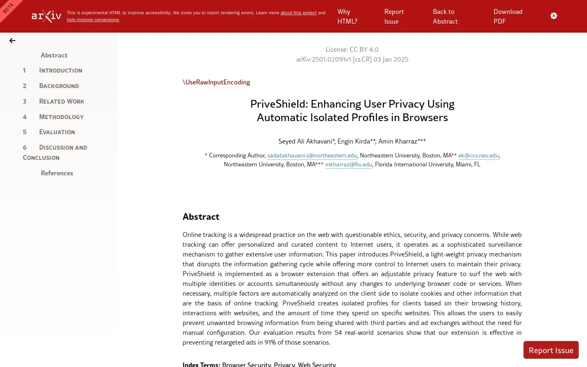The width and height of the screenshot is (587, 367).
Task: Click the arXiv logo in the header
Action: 46,16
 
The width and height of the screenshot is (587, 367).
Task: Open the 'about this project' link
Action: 298,13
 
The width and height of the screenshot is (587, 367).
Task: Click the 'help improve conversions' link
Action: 93,20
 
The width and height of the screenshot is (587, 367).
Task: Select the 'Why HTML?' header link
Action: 347,16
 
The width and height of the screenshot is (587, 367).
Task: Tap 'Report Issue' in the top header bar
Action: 394,16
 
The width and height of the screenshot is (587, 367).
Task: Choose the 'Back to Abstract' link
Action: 445,16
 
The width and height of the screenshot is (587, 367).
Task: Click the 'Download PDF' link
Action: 508,16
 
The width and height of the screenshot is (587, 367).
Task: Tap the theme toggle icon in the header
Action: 554,16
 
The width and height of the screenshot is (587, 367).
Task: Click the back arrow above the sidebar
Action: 12,40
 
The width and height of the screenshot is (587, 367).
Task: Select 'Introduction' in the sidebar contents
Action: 60,71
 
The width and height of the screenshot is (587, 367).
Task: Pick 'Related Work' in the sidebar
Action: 62,101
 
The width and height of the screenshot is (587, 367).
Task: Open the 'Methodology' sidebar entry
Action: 61,117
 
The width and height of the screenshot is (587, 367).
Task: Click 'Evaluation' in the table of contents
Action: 57,132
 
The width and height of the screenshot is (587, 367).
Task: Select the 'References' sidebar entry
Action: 57,173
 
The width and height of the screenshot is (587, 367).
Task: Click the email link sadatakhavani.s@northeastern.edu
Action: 312,155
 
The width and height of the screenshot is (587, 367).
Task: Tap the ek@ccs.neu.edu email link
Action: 479,155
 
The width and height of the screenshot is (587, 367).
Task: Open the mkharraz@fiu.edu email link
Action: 349,164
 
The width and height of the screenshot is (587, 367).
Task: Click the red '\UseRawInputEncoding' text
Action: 216,82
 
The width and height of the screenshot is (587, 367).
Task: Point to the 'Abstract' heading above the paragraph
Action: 201,217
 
